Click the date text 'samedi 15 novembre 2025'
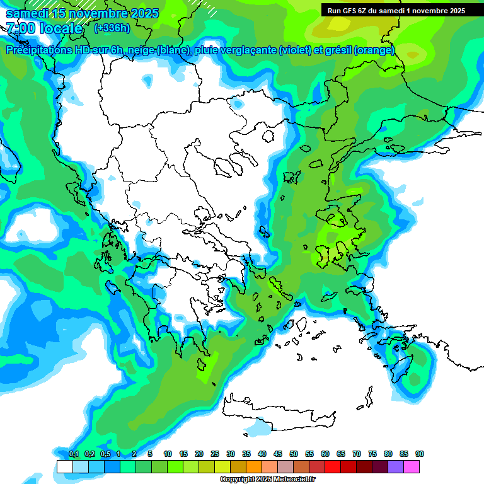(x=82, y=13)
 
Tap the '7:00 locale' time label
(x=44, y=28)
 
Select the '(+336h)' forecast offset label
(x=112, y=28)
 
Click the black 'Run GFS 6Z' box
(x=394, y=10)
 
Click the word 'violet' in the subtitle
(x=294, y=50)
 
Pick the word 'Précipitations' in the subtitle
(x=37, y=50)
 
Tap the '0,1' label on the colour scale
(x=73, y=454)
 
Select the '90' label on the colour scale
(x=420, y=454)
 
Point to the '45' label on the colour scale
(x=278, y=454)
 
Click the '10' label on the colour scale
(x=168, y=454)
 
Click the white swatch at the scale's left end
(x=64, y=466)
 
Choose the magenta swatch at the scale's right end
(x=412, y=466)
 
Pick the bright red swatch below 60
(x=333, y=466)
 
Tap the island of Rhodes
(x=401, y=369)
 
